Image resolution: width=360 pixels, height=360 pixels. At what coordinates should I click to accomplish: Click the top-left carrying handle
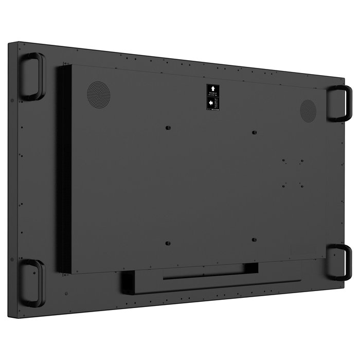click(32, 76)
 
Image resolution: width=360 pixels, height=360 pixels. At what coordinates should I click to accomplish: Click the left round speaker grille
click(99, 94)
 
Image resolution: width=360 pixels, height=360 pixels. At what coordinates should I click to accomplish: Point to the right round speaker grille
click(308, 110)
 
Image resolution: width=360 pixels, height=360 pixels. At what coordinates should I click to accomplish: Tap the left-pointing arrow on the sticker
click(212, 104)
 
